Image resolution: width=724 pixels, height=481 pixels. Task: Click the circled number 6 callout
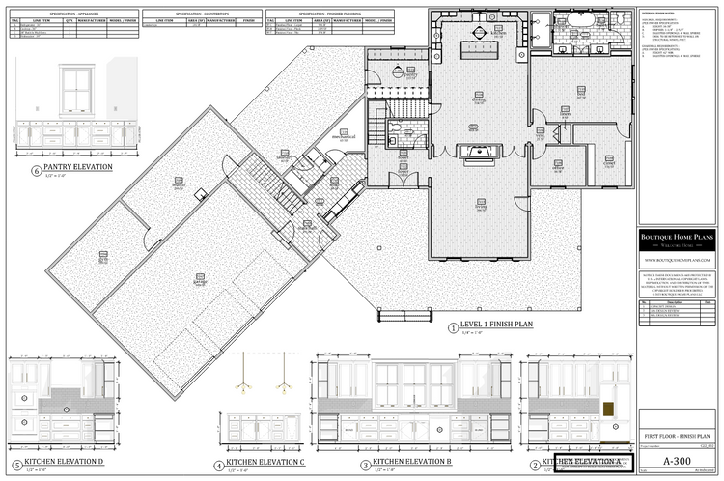pos(37,171)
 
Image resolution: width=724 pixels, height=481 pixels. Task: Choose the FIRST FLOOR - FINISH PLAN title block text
pos(675,438)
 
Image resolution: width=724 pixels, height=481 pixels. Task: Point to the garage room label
pos(201,283)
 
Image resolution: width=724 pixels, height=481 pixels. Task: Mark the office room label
pos(558,166)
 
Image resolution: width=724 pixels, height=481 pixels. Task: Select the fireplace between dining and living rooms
pos(479,150)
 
